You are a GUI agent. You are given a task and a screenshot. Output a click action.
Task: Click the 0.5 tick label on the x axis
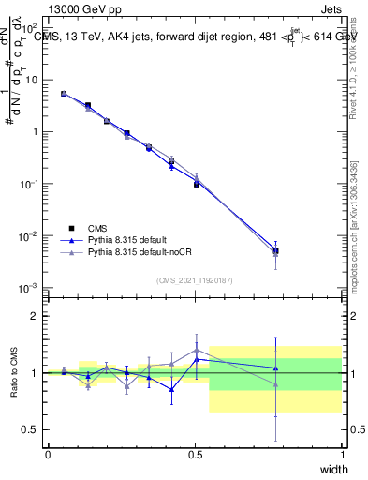point(195,454)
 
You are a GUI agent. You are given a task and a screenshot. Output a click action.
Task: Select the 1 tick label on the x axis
point(342,454)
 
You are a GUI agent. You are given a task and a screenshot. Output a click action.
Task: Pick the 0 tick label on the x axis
point(49,454)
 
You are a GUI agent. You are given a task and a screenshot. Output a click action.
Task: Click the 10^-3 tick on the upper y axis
point(35,287)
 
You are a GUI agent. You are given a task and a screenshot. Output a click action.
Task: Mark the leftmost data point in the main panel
point(64,94)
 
